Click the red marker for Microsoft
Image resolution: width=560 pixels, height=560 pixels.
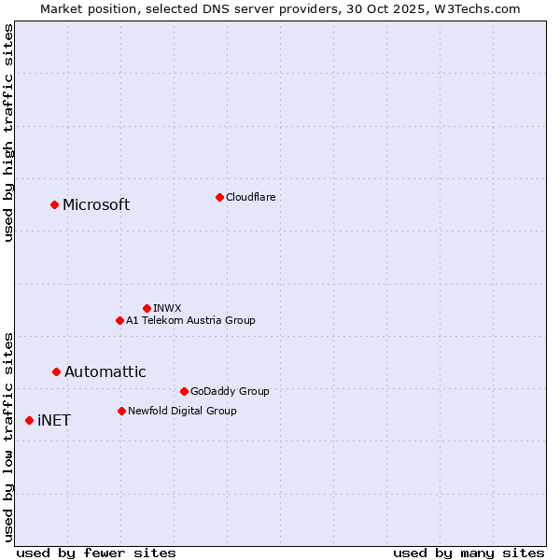54,204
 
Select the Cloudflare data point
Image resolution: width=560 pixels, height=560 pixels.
219,197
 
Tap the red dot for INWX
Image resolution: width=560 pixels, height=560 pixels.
147,308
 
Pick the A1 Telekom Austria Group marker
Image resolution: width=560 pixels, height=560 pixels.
119,320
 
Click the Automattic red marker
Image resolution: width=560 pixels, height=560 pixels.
56,371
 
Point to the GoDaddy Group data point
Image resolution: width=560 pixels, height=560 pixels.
184,391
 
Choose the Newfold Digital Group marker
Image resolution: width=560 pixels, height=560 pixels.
121,411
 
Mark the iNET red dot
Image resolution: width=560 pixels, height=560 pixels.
29,420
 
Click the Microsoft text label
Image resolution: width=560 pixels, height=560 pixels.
96,205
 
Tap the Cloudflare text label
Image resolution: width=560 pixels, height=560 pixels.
250,197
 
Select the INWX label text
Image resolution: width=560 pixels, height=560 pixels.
167,308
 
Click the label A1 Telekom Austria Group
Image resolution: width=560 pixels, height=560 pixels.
190,320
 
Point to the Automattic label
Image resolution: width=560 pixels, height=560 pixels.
105,372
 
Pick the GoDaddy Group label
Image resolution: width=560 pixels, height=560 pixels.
230,391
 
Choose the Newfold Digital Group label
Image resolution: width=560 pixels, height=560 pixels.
182,411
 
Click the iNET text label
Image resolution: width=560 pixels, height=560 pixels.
54,421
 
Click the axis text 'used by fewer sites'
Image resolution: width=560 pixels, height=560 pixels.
96,553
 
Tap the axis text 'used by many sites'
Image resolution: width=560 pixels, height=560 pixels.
469,553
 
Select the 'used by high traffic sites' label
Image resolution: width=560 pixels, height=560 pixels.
9,133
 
